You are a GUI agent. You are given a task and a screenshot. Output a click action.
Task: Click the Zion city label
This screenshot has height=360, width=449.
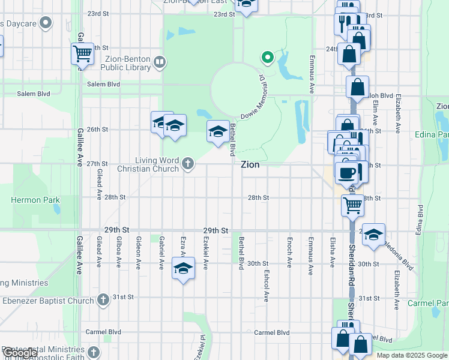pos(250,164)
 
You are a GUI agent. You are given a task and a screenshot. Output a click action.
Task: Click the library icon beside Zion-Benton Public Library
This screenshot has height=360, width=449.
pos(160,61)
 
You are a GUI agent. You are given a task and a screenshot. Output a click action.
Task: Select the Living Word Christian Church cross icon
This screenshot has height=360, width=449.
pos(188,163)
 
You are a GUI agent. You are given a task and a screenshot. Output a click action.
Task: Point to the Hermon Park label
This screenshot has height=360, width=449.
pos(33,199)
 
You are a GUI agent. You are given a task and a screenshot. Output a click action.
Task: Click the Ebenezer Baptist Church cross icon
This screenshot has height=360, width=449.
pos(103,299)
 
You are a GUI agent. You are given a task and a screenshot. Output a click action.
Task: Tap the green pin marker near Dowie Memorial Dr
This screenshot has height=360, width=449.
pos(267,58)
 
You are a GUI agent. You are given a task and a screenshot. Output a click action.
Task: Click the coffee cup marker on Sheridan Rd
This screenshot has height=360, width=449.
pos(348,173)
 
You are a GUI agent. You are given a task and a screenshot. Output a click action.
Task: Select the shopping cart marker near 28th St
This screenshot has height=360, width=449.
pos(352,205)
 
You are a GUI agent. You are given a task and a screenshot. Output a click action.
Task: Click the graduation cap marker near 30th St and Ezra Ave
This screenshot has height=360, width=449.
pos(183,268)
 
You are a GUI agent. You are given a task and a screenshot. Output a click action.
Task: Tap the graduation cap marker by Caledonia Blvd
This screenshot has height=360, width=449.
pos(373,235)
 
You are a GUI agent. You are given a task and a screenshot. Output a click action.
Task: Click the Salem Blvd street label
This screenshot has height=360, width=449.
pos(34,94)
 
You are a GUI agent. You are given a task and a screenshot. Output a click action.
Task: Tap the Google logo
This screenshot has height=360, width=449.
pos(19,353)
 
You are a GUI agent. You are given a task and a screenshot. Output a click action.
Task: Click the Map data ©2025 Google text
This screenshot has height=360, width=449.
pos(412,355)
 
